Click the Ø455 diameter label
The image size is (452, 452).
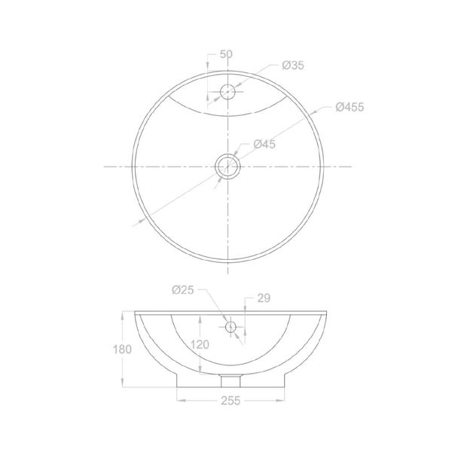tap(350, 107)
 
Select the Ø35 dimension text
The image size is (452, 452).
tap(293, 65)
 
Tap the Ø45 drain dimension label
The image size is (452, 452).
tap(264, 144)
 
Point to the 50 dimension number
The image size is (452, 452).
tap(226, 54)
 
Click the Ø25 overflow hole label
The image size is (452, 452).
tap(183, 290)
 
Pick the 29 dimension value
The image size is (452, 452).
tap(264, 298)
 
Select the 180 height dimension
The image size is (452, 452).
tap(122, 350)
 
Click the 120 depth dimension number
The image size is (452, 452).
tap(200, 344)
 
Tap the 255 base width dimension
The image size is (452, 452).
tap(231, 401)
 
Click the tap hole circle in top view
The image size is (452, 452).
tap(228, 84)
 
